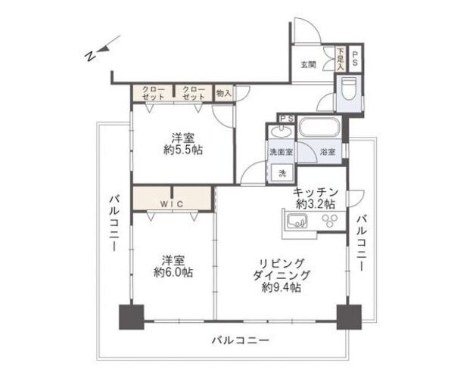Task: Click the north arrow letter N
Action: coord(89,56)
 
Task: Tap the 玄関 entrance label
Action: coord(308,64)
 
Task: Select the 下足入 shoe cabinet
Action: coord(341,59)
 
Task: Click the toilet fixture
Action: coord(349,88)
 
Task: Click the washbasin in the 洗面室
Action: coord(281,131)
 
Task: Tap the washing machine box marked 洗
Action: coord(282,173)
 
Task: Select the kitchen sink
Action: coord(297,222)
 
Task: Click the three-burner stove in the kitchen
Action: coord(330,220)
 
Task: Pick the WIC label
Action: coord(171,204)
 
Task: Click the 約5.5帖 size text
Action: coord(183,150)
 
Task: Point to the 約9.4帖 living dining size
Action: coord(281,288)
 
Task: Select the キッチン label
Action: coord(316,192)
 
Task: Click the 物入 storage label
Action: coord(223,94)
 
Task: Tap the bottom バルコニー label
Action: coord(240,341)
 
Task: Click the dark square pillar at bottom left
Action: coord(132,317)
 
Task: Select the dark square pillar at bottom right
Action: coord(349,317)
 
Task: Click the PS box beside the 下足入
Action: coord(355,59)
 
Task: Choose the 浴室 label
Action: coord(327,152)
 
